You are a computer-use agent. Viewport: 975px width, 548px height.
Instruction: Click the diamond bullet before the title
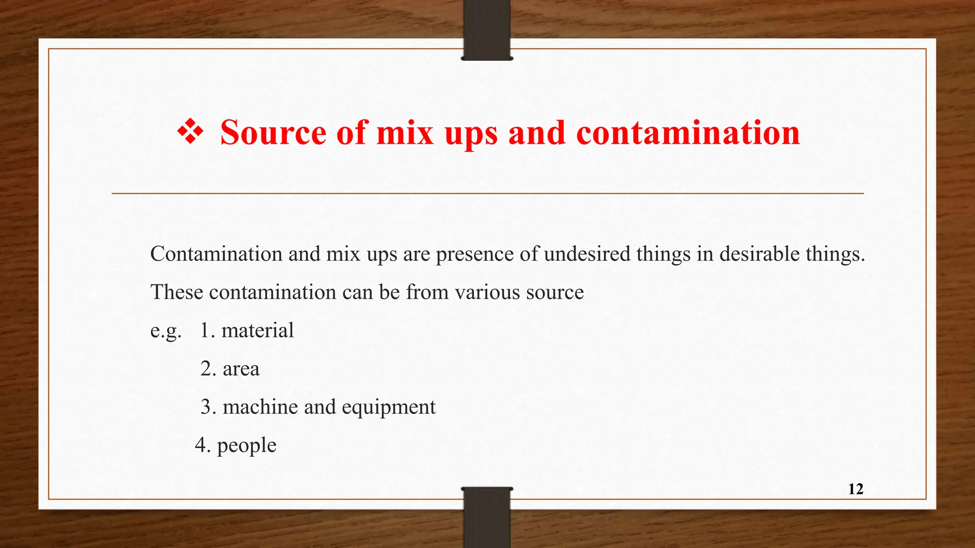pyautogui.click(x=190, y=132)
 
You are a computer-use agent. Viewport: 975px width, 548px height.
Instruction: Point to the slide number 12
pyautogui.click(x=856, y=489)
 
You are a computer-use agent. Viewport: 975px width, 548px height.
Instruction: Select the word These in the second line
pyautogui.click(x=177, y=292)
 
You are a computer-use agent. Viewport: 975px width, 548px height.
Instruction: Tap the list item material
pyautogui.click(x=258, y=330)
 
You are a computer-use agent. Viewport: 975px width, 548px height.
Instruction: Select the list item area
pyautogui.click(x=241, y=369)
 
